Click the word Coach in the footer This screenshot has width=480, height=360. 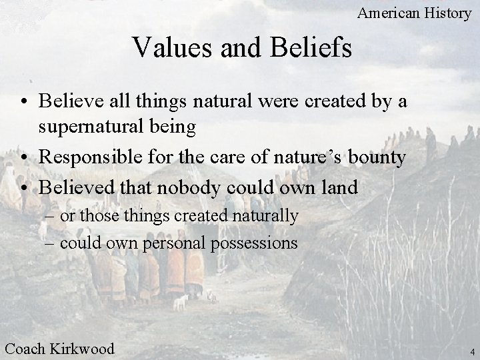coord(26,348)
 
